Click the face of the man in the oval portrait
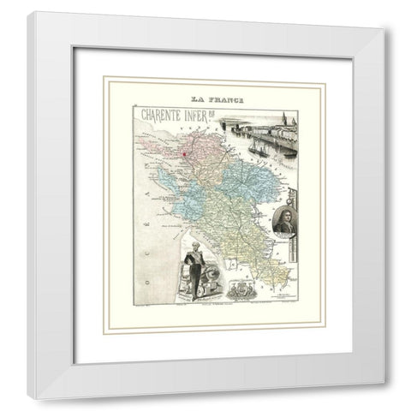coord(284,211)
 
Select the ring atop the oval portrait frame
coord(285,196)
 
